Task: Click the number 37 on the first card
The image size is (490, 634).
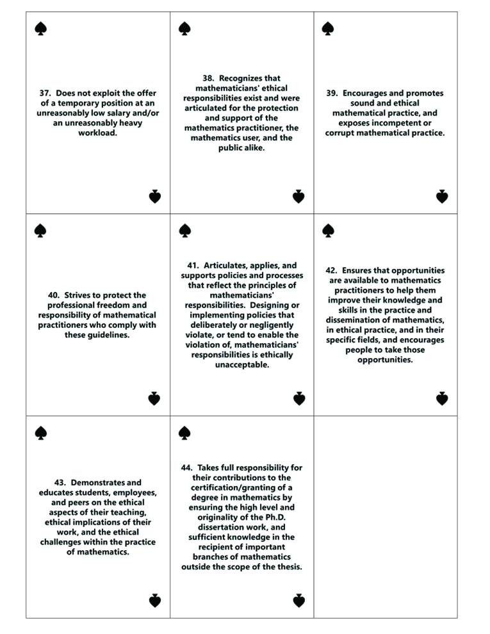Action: tap(45, 93)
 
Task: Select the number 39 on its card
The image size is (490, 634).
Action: tap(332, 93)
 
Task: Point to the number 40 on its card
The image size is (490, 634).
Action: tap(54, 295)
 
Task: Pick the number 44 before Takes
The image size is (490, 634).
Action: tap(188, 467)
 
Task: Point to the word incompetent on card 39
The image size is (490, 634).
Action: tap(391, 123)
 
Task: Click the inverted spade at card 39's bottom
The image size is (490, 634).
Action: tap(441, 197)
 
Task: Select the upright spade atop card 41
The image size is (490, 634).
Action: tap(184, 230)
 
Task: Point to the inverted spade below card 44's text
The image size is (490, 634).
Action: tap(298, 601)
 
